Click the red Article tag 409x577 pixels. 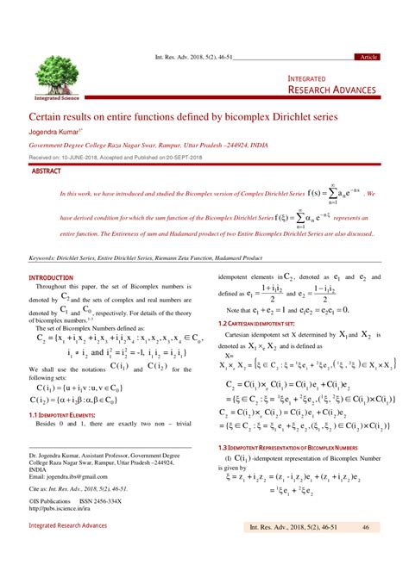[x=368, y=56]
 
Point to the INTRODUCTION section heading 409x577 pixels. [x=53, y=277]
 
